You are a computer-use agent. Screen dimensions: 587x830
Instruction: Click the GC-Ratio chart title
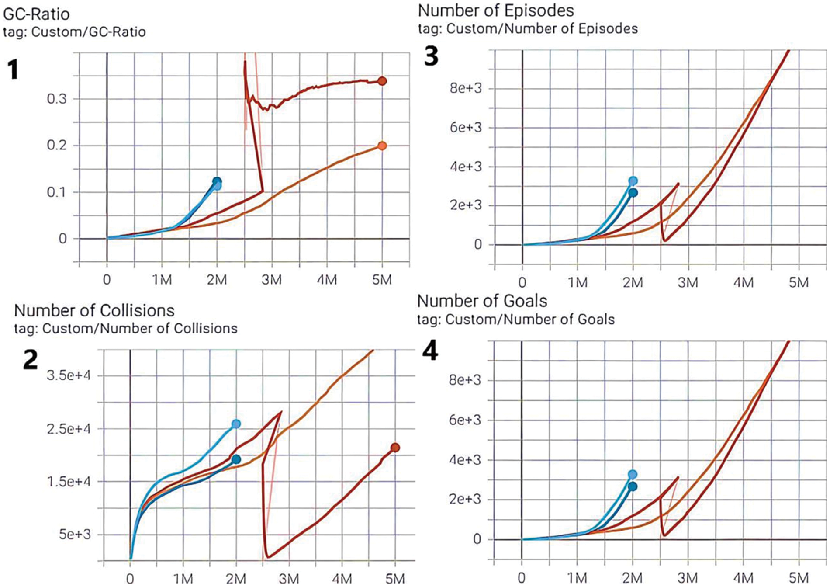point(36,14)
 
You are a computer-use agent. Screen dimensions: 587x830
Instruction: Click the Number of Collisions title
point(94,311)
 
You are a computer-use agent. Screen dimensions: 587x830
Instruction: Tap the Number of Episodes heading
point(496,11)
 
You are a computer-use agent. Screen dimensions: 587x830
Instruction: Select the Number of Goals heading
point(482,301)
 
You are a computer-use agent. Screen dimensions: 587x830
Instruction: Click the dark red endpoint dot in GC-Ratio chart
point(382,81)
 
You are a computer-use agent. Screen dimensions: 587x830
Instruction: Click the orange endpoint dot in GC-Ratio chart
point(382,146)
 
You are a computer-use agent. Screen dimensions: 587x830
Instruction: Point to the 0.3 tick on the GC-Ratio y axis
point(57,99)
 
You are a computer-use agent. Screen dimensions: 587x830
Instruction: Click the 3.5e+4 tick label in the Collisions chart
point(69,375)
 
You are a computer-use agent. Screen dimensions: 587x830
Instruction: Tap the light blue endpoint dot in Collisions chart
point(236,424)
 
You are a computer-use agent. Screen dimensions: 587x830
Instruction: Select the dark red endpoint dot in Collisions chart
point(395,448)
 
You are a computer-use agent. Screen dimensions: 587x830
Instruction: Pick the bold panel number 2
point(30,359)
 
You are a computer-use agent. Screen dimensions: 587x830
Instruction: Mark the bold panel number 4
point(430,351)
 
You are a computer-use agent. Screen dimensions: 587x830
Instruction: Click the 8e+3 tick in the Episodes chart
point(466,88)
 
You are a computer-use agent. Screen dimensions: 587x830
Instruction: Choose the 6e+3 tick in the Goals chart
point(465,420)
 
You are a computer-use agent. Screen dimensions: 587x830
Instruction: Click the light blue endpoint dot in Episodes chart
point(633,181)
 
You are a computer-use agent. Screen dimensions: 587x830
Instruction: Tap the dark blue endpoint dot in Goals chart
point(633,487)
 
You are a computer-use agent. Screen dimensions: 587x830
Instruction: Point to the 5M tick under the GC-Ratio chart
point(382,280)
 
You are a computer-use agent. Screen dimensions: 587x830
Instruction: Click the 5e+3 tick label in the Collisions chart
point(75,535)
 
